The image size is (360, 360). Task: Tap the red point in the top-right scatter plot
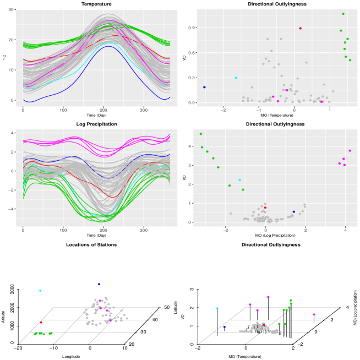pyautogui.click(x=300, y=29)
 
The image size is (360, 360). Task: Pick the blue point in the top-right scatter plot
pyautogui.click(x=204, y=87)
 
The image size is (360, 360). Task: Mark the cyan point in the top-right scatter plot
pyautogui.click(x=236, y=78)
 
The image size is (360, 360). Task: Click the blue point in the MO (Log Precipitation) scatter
pyautogui.click(x=294, y=211)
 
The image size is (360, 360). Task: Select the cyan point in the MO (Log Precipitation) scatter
pyautogui.click(x=239, y=180)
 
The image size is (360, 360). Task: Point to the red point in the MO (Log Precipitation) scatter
pyautogui.click(x=265, y=208)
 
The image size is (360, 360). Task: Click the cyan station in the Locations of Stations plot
pyautogui.click(x=40, y=291)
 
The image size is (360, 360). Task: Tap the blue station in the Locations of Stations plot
pyautogui.click(x=99, y=284)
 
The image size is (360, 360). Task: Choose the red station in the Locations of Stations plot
pyautogui.click(x=41, y=323)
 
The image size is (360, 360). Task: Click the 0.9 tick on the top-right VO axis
pyautogui.click(x=193, y=27)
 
